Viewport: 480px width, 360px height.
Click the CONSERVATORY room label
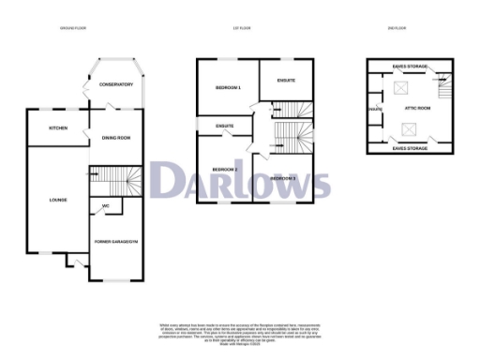tap(116, 85)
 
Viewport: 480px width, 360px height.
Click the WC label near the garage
tap(106, 205)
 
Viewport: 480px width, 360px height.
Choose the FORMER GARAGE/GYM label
tap(115, 242)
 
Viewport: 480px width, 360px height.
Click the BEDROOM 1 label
tap(228, 88)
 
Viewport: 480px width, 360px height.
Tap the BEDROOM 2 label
tap(224, 170)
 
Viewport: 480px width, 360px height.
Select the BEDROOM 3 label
tap(283, 177)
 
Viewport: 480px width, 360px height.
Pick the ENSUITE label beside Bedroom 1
tap(287, 81)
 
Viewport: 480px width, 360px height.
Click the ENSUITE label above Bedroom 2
tap(225, 126)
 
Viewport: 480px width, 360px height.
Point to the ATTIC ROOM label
tap(417, 109)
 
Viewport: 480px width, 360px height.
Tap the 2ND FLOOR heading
tap(397, 29)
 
